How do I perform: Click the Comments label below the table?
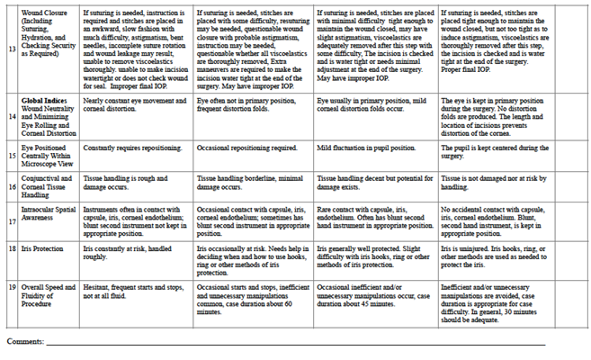pos(26,341)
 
